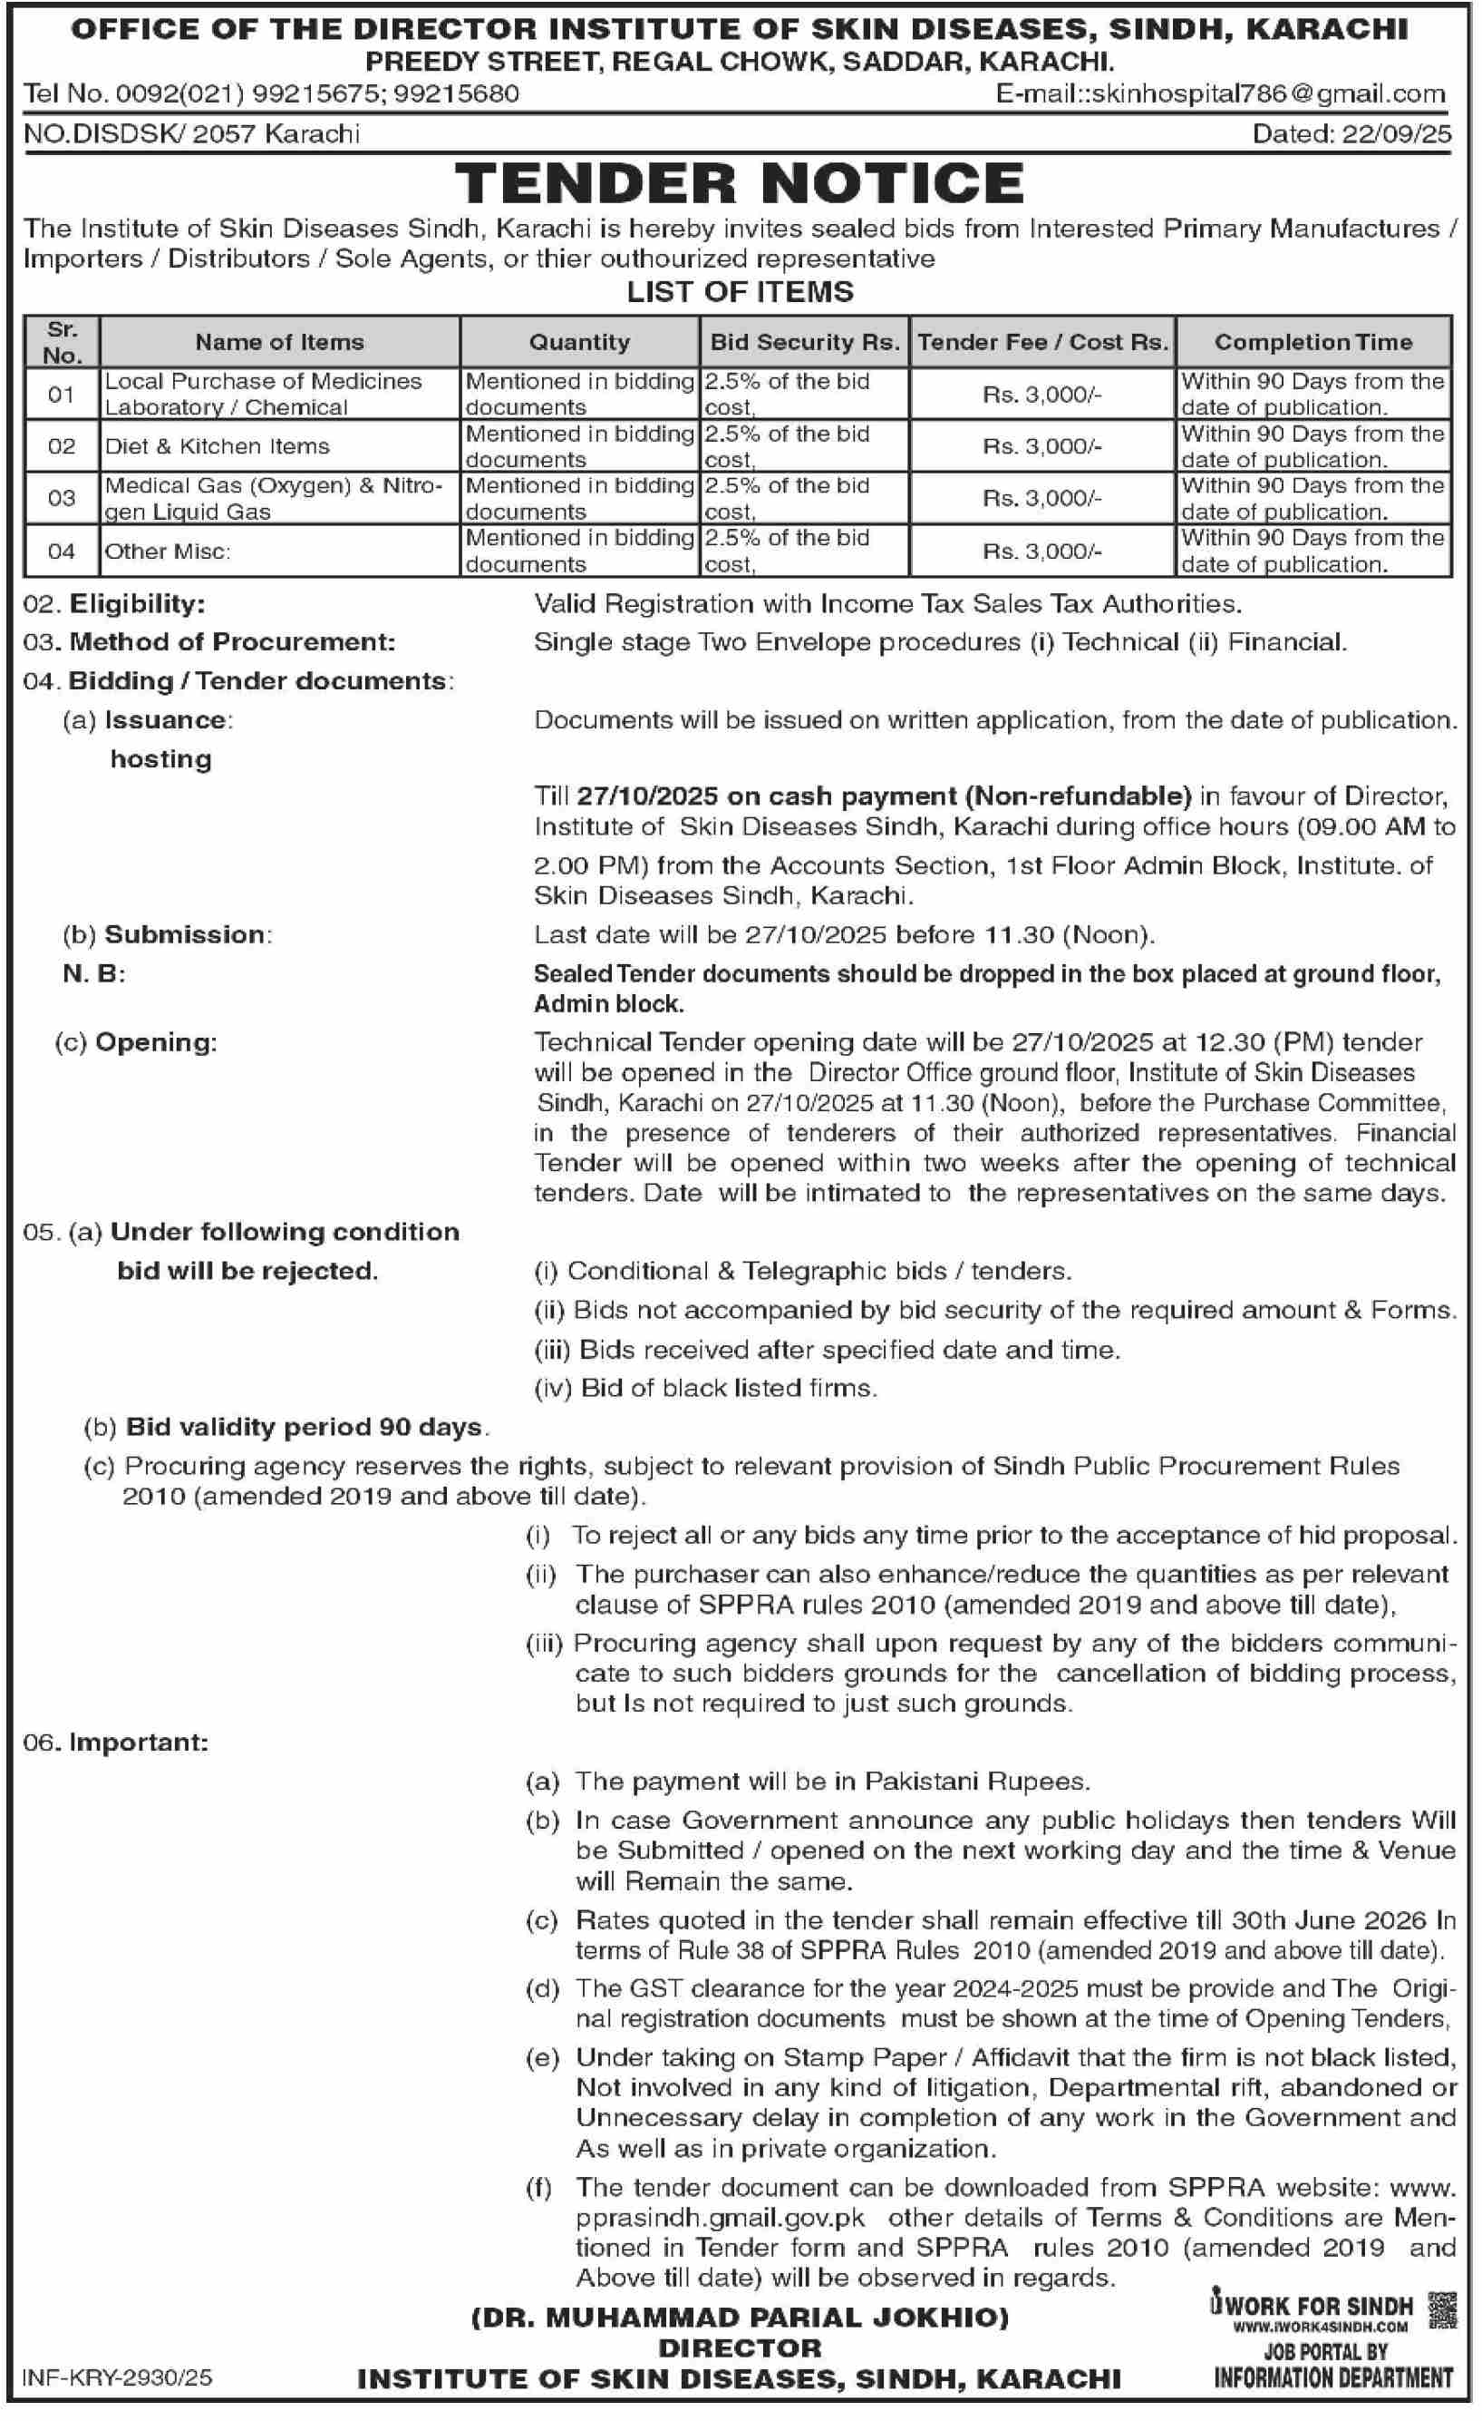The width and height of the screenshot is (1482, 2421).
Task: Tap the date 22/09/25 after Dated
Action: coord(1395,133)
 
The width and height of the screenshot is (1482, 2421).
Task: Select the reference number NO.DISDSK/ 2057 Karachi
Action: coord(191,133)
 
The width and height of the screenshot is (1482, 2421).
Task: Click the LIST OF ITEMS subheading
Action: coord(740,292)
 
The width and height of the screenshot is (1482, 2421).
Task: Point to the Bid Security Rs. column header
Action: coord(804,342)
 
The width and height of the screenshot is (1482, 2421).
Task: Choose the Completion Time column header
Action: coord(1312,342)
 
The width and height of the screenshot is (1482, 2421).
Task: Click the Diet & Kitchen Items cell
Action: coord(217,446)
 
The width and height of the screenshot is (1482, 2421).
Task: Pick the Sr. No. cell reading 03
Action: coord(61,498)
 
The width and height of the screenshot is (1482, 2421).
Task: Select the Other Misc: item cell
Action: coord(167,552)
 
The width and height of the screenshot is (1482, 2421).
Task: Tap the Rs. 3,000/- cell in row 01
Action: coord(1042,394)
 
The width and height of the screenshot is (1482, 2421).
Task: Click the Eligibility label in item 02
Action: coord(137,603)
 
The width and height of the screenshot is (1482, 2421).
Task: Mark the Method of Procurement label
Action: coord(232,641)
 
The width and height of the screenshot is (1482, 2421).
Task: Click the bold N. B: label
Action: coord(93,973)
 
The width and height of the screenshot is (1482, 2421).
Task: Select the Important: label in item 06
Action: coord(139,1743)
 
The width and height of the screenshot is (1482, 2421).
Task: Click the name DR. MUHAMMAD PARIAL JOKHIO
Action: coord(740,2318)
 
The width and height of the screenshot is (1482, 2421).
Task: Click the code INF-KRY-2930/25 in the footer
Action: coord(117,2377)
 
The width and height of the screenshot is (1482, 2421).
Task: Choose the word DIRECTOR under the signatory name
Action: coord(740,2348)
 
